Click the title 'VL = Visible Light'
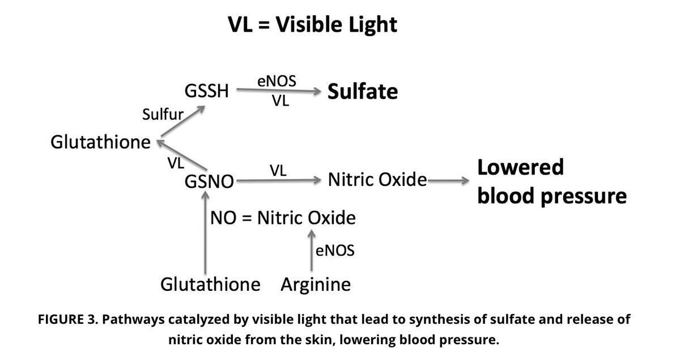pyautogui.click(x=312, y=24)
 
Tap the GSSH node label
pyautogui.click(x=207, y=91)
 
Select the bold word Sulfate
pyautogui.click(x=363, y=91)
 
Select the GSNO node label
pyautogui.click(x=209, y=182)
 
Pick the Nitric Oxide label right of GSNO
pyautogui.click(x=377, y=181)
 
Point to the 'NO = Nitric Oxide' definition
pyautogui.click(x=283, y=218)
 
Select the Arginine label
pyautogui.click(x=316, y=283)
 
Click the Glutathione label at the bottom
pyautogui.click(x=211, y=283)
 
